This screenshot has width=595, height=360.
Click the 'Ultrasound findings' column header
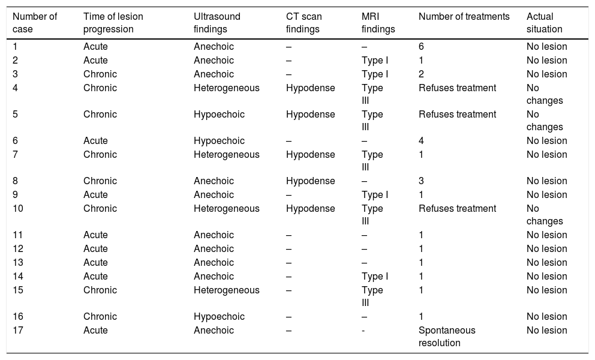click(217, 22)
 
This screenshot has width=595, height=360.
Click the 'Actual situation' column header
click(545, 22)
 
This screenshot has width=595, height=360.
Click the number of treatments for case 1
click(422, 47)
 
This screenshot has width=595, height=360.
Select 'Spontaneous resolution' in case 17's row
click(447, 337)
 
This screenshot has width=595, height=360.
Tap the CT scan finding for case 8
click(310, 181)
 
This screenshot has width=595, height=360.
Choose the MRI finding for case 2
click(375, 61)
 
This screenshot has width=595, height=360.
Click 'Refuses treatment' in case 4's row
click(457, 88)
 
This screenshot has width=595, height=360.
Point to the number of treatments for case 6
click(422, 141)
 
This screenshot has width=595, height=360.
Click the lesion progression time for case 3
click(100, 74)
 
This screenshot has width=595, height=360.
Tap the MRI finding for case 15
click(372, 296)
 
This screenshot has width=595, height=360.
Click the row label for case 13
click(18, 263)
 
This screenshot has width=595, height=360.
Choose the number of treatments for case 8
click(422, 181)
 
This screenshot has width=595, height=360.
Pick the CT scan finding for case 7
click(310, 155)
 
